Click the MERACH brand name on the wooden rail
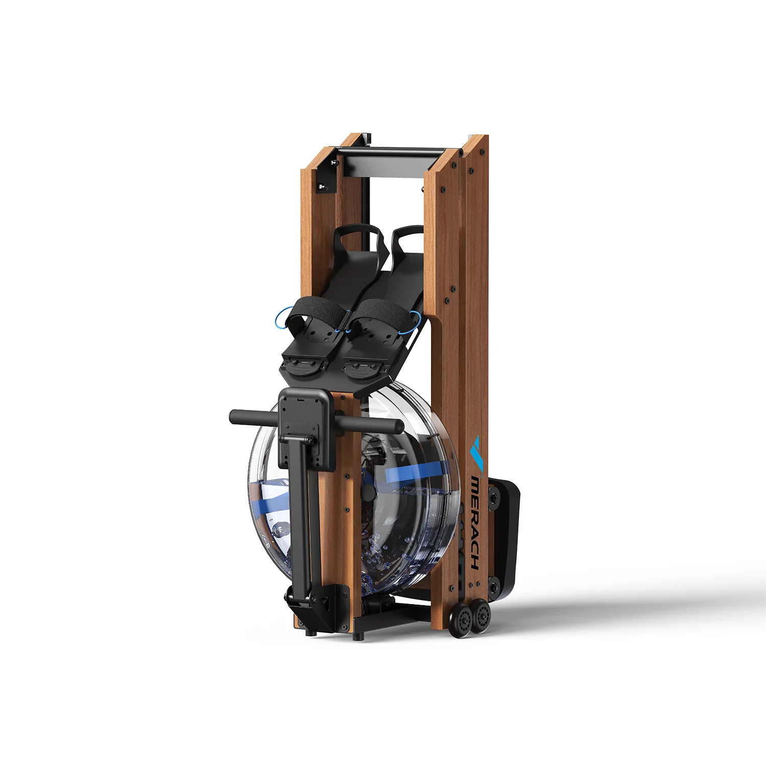pyautogui.click(x=475, y=522)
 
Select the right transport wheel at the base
pyautogui.click(x=481, y=617)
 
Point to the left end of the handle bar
pyautogui.click(x=233, y=417)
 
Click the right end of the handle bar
pyautogui.click(x=398, y=425)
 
